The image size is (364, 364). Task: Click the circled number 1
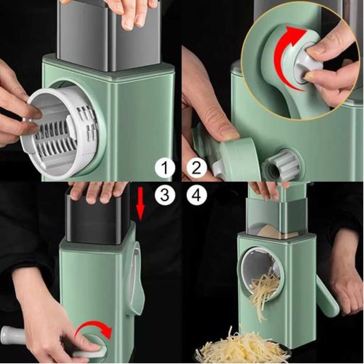pyautogui.click(x=165, y=168)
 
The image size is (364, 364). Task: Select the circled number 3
pyautogui.click(x=165, y=195)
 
